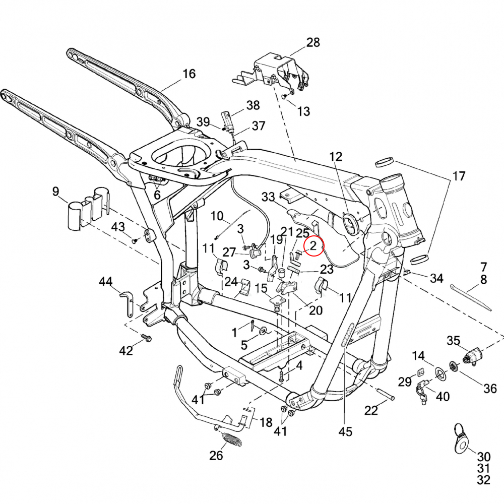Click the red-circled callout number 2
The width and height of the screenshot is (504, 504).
[312, 246]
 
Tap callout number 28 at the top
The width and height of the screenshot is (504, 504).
[313, 42]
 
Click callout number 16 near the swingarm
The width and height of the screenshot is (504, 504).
[188, 74]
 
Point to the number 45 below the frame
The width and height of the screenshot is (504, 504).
[345, 431]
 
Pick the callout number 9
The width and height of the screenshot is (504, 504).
[55, 192]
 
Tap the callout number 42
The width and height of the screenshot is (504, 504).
[126, 350]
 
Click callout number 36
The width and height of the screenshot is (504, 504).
[490, 388]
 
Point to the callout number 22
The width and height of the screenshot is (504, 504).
[371, 410]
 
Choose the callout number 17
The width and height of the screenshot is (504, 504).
[459, 176]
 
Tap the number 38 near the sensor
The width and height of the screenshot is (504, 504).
[253, 105]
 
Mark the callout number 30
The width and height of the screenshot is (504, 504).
[483, 457]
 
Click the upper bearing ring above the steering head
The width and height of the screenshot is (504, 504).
[385, 162]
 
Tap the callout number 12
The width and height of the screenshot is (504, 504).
[336, 156]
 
